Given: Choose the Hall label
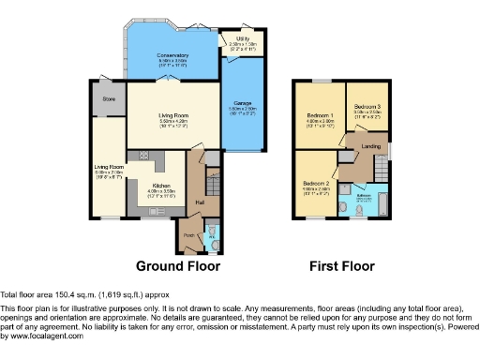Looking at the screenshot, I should (x=199, y=201).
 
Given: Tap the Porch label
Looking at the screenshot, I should (x=187, y=234).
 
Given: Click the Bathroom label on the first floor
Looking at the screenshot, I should (x=365, y=195).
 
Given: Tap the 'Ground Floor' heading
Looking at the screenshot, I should (x=178, y=266).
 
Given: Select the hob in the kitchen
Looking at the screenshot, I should (x=144, y=155).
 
